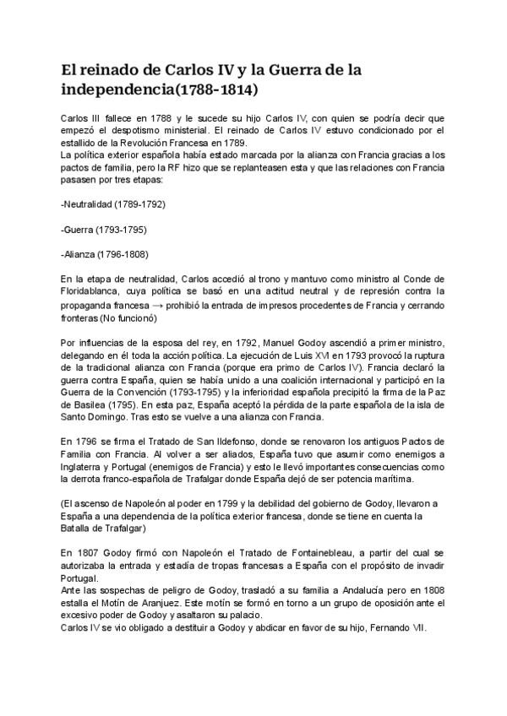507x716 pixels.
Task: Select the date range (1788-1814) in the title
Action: click(x=210, y=88)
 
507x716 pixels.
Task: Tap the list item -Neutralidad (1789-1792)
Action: click(x=113, y=204)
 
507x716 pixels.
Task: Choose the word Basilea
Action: click(x=83, y=404)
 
